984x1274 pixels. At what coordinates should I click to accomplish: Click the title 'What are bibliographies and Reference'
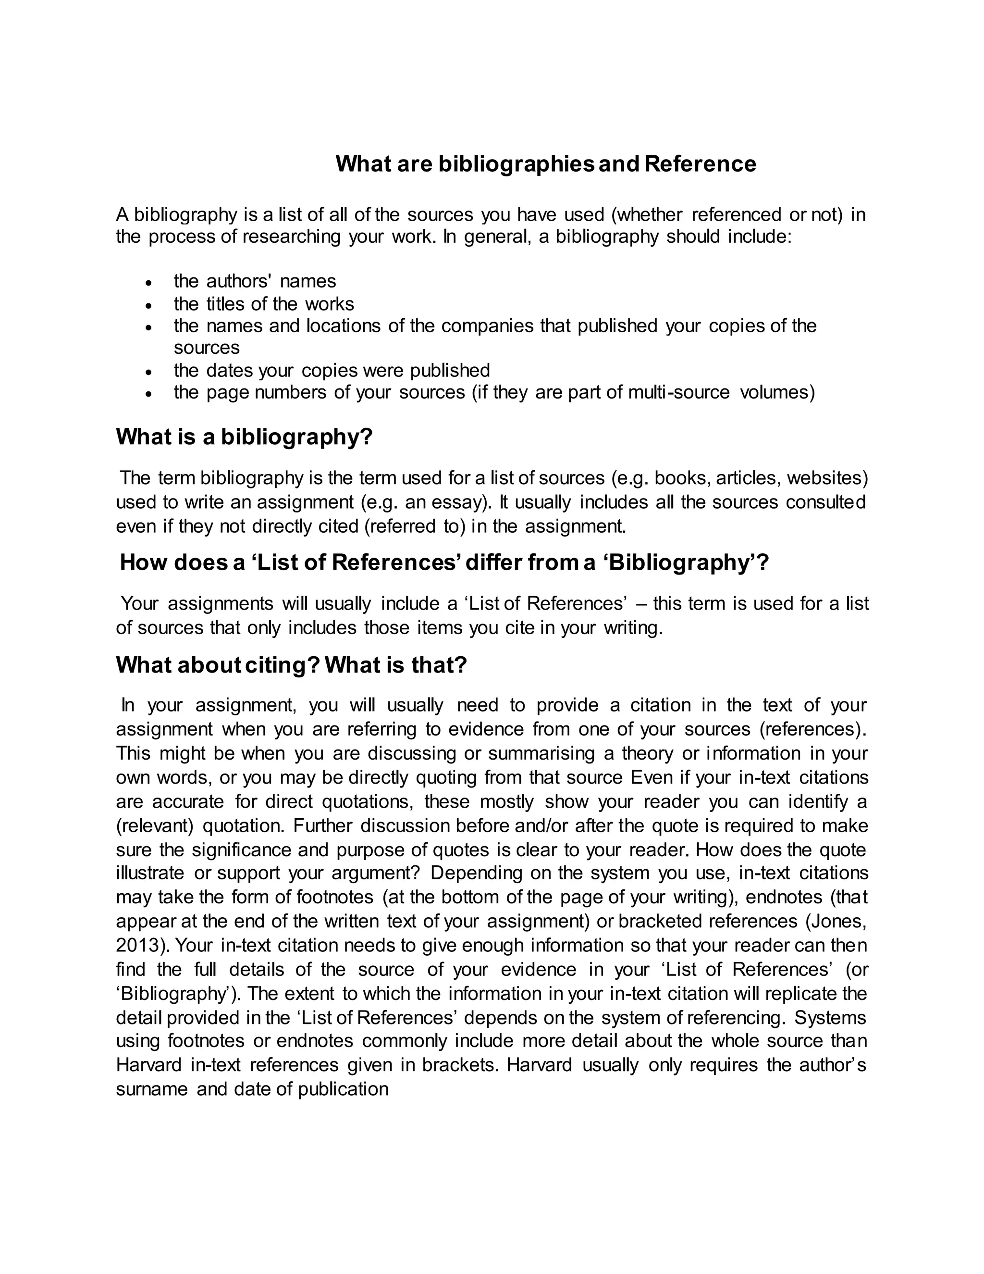tap(546, 164)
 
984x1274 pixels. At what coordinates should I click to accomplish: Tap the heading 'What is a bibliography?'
tap(244, 437)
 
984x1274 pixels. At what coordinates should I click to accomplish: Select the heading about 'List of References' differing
tap(444, 563)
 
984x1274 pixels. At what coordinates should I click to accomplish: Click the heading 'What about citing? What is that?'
tap(292, 665)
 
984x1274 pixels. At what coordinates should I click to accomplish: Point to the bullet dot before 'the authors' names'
tap(149, 283)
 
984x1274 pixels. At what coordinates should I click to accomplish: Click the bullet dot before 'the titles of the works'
tap(149, 306)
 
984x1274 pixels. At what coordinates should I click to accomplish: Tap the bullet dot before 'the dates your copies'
tap(149, 372)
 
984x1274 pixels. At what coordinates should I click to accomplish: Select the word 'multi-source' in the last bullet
tap(678, 393)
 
